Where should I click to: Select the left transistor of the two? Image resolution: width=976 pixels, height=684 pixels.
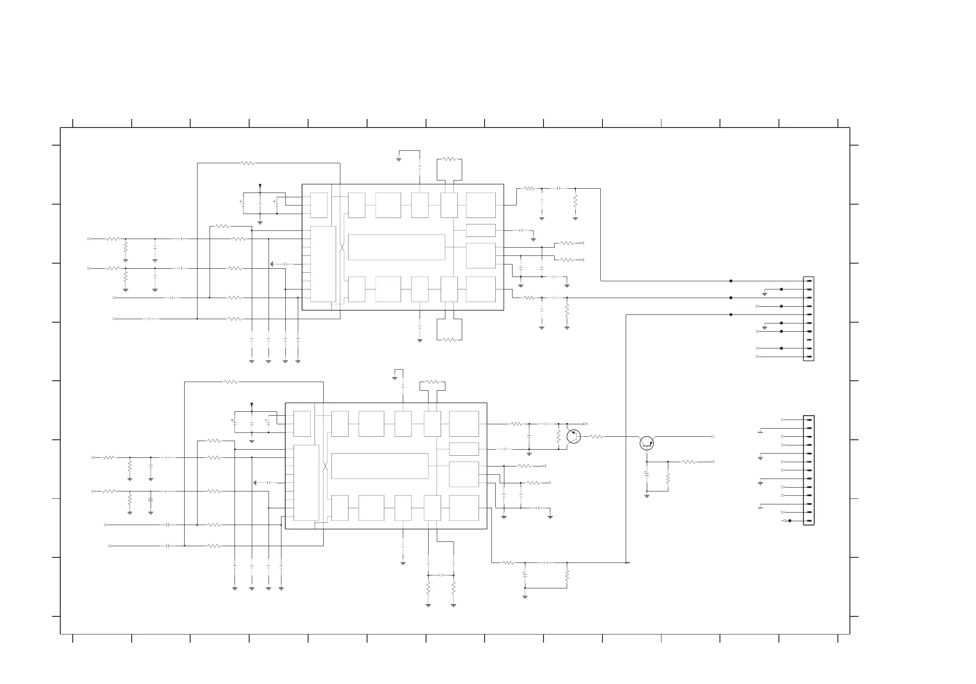click(574, 436)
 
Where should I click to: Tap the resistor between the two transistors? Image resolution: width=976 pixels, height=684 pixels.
click(596, 437)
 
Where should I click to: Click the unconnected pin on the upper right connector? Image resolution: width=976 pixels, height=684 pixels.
click(809, 340)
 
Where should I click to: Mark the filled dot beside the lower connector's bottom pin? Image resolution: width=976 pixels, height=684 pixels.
click(790, 521)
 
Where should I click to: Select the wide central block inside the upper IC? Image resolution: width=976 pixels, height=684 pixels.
click(396, 247)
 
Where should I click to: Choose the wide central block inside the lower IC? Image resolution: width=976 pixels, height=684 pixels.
click(380, 466)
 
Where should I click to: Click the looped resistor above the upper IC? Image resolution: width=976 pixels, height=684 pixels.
click(449, 159)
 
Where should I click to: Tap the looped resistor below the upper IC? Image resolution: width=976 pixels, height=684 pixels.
click(449, 340)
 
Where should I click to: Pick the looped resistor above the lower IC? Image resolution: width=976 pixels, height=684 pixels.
click(432, 382)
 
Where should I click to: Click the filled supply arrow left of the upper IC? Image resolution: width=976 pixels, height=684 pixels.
click(260, 186)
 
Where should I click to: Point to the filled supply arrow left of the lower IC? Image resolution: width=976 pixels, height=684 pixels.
click(252, 405)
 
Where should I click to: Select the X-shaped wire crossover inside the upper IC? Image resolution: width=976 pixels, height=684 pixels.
click(342, 248)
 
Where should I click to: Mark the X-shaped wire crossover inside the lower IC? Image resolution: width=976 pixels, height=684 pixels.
click(325, 466)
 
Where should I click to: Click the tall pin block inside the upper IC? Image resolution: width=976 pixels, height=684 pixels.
click(323, 264)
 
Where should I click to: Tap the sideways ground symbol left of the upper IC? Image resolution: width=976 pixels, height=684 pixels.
click(272, 264)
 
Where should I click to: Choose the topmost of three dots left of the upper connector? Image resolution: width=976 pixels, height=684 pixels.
click(731, 281)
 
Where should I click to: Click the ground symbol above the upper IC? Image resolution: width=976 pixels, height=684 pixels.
click(399, 160)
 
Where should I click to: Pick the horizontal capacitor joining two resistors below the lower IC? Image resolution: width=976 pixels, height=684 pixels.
click(441, 575)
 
